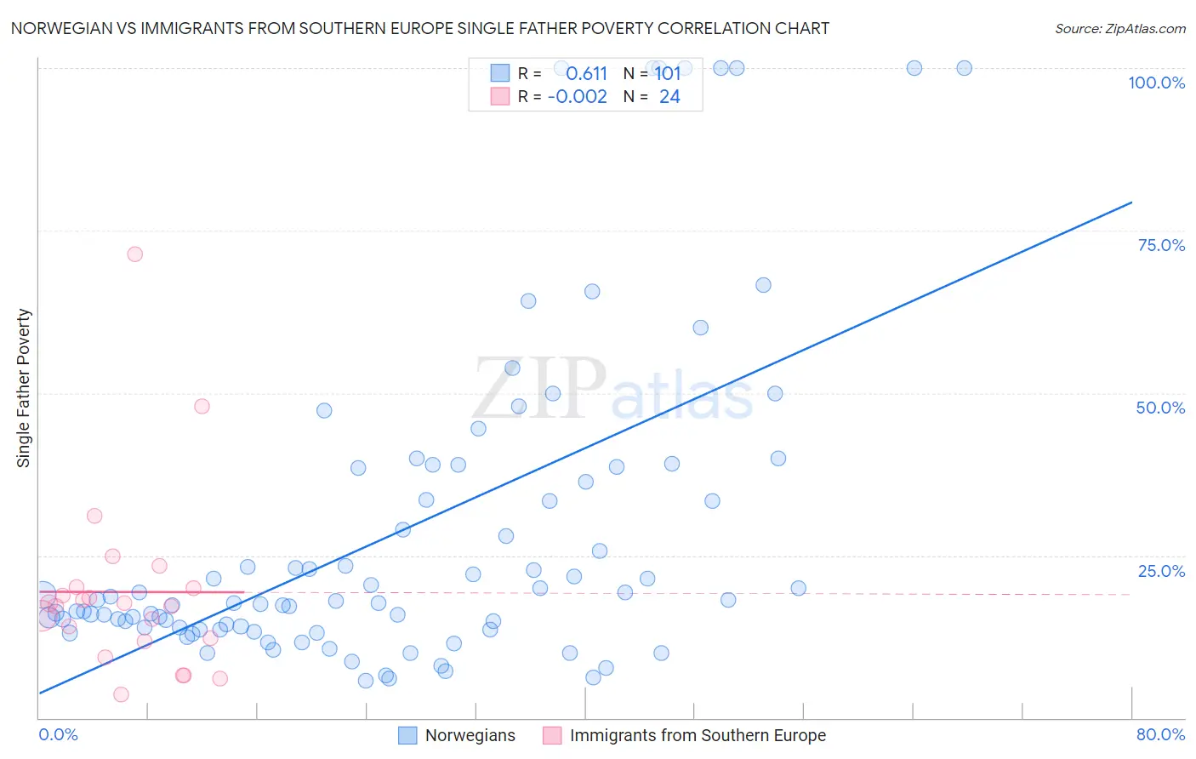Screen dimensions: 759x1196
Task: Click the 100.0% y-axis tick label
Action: tap(1156, 83)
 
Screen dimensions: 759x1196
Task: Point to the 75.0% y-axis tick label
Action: tap(1160, 245)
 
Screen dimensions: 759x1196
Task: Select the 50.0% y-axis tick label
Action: tap(1159, 408)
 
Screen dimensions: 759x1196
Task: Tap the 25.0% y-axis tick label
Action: tap(1160, 571)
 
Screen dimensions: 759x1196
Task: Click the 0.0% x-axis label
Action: tap(58, 734)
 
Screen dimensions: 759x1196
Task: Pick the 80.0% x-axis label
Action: tap(1160, 734)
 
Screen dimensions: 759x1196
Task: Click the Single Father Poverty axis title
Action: tap(24, 388)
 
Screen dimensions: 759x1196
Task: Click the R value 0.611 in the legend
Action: tap(586, 74)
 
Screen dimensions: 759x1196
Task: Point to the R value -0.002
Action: tap(578, 97)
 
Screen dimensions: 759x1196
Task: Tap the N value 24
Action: tap(669, 97)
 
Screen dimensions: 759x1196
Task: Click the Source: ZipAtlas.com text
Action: tap(1119, 29)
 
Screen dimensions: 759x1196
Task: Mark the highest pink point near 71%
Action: tap(134, 254)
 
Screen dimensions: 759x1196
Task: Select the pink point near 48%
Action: tap(202, 406)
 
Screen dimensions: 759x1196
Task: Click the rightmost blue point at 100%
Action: tap(964, 68)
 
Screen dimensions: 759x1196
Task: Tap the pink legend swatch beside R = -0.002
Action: tap(499, 97)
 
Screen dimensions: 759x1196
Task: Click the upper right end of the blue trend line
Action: tap(1131, 203)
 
